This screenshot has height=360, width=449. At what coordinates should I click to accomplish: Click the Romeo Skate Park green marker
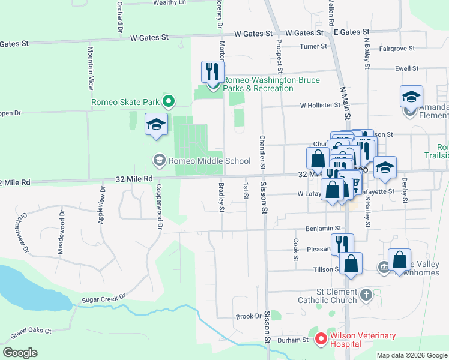coord(169,102)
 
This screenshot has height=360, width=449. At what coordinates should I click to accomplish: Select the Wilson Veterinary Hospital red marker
coord(321,340)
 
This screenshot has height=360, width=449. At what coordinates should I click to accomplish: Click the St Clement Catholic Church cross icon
coord(367,295)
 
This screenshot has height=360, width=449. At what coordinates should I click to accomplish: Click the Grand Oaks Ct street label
coord(31,331)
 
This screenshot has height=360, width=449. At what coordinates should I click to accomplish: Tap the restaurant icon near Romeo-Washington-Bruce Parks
coord(211,72)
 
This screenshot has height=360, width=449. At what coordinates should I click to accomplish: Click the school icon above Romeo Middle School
coord(157,125)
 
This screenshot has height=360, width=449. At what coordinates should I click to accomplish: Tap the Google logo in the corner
coord(20,353)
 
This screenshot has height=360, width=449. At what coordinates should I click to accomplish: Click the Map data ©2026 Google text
coord(411,355)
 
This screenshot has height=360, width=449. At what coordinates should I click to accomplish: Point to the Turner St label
coord(314,46)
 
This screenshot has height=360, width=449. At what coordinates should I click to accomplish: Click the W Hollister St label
coord(320,105)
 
